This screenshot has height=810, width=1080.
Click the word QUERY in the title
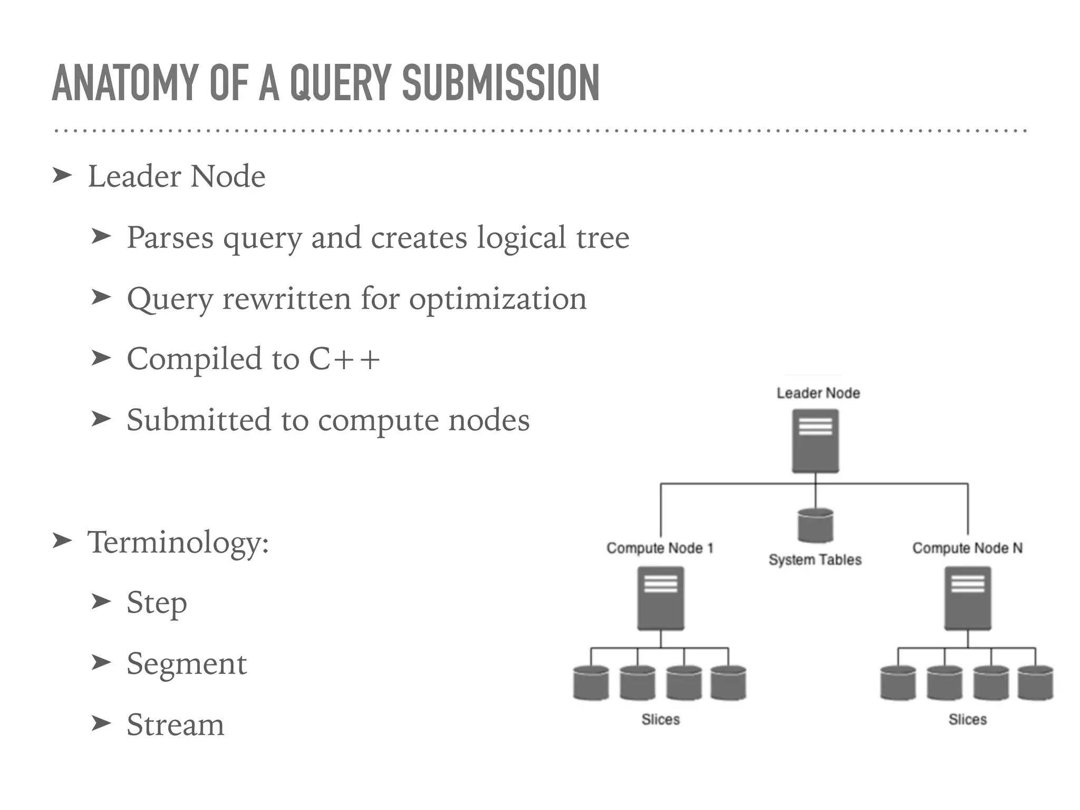click(x=340, y=83)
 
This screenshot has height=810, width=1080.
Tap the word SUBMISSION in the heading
click(x=500, y=83)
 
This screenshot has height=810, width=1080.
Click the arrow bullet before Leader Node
click(x=62, y=176)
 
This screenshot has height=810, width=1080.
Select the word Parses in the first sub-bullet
click(x=170, y=238)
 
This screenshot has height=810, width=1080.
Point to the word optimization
click(x=498, y=299)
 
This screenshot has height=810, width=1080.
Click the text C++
click(x=344, y=359)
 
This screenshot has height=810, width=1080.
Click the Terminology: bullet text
click(x=178, y=542)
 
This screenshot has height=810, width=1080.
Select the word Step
click(x=157, y=603)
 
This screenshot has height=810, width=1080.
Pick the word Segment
click(x=187, y=663)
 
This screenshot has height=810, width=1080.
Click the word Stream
click(x=175, y=725)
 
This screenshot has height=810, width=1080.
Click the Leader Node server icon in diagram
click(x=815, y=441)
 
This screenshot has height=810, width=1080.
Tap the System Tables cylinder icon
click(x=815, y=525)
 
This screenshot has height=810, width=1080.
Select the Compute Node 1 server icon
click(x=660, y=598)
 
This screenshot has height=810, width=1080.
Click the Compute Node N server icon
click(x=968, y=598)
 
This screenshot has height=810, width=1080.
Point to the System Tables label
click(x=815, y=560)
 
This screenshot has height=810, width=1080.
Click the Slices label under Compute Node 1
click(x=660, y=719)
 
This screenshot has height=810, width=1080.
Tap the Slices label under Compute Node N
click(x=967, y=719)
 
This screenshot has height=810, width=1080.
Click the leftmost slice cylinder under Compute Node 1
click(x=591, y=683)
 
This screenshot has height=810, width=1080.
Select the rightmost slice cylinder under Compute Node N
click(x=1035, y=683)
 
